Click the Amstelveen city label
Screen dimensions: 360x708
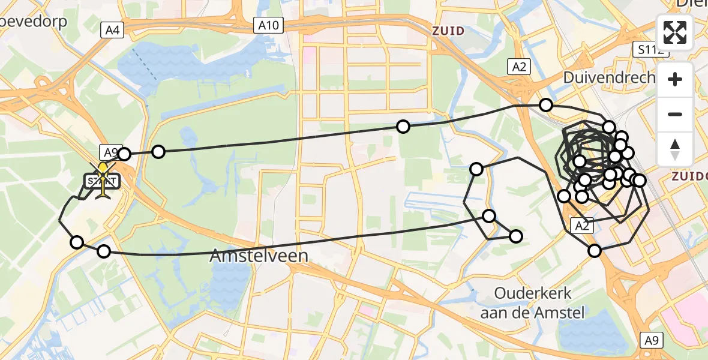(259, 256)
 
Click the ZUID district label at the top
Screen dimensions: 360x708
(447, 31)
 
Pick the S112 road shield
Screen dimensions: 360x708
(650, 50)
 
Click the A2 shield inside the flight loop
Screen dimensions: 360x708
(581, 226)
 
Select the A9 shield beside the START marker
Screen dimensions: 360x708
(112, 152)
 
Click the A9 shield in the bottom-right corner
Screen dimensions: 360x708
(652, 340)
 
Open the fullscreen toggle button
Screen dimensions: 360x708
(675, 32)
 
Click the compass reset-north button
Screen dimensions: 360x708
(675, 149)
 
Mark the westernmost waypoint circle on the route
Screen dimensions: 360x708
(77, 242)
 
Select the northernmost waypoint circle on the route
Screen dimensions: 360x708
(546, 105)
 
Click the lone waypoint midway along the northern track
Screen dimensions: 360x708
(403, 126)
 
